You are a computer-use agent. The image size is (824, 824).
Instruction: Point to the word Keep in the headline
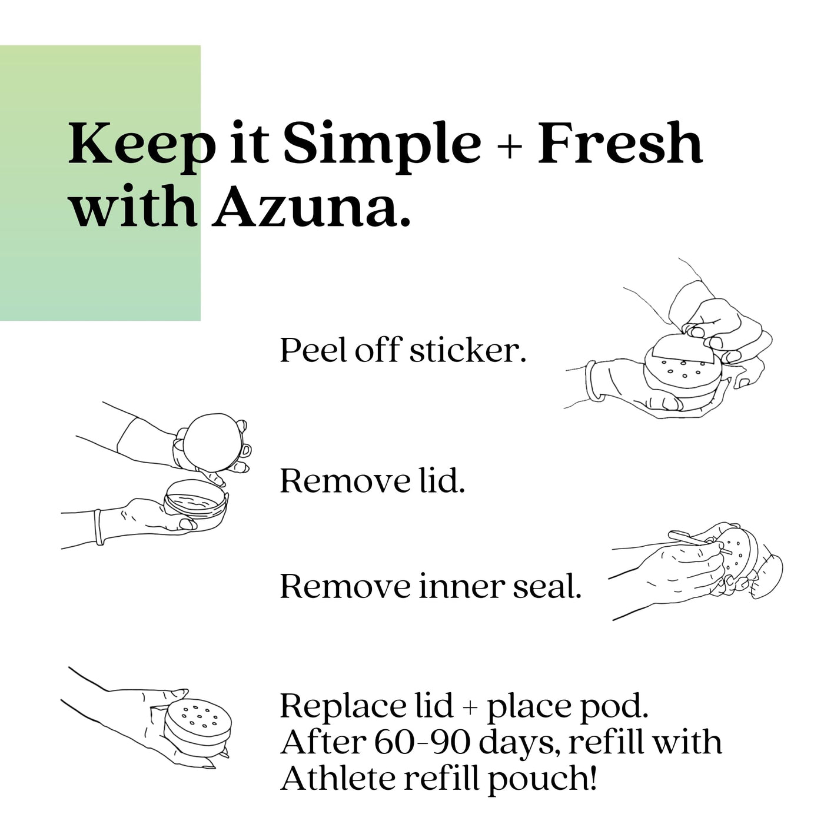point(141,145)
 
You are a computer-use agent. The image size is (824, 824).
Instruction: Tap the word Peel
point(313,351)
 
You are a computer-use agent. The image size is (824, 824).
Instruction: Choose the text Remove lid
point(372,481)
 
